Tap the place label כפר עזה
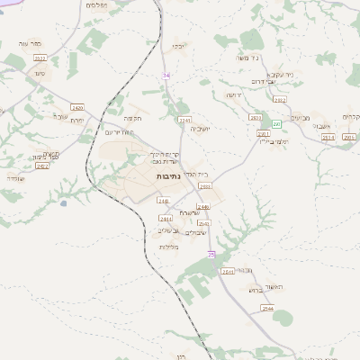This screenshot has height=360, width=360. click(x=31, y=43)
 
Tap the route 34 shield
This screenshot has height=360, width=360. click(x=166, y=76)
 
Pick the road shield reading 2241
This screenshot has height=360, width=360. click(x=184, y=120)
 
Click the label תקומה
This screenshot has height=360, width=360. click(x=134, y=118)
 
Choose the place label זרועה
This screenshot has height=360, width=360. click(x=234, y=94)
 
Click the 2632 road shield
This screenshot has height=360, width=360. click(x=280, y=100)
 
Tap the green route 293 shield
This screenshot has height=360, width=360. click(x=277, y=122)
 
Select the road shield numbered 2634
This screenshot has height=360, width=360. click(x=328, y=137)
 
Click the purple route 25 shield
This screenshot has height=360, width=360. click(x=211, y=255)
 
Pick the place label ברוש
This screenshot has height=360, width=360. click(x=253, y=290)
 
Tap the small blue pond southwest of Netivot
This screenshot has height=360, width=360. click(x=63, y=203)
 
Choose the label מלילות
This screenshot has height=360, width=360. click(x=169, y=247)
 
